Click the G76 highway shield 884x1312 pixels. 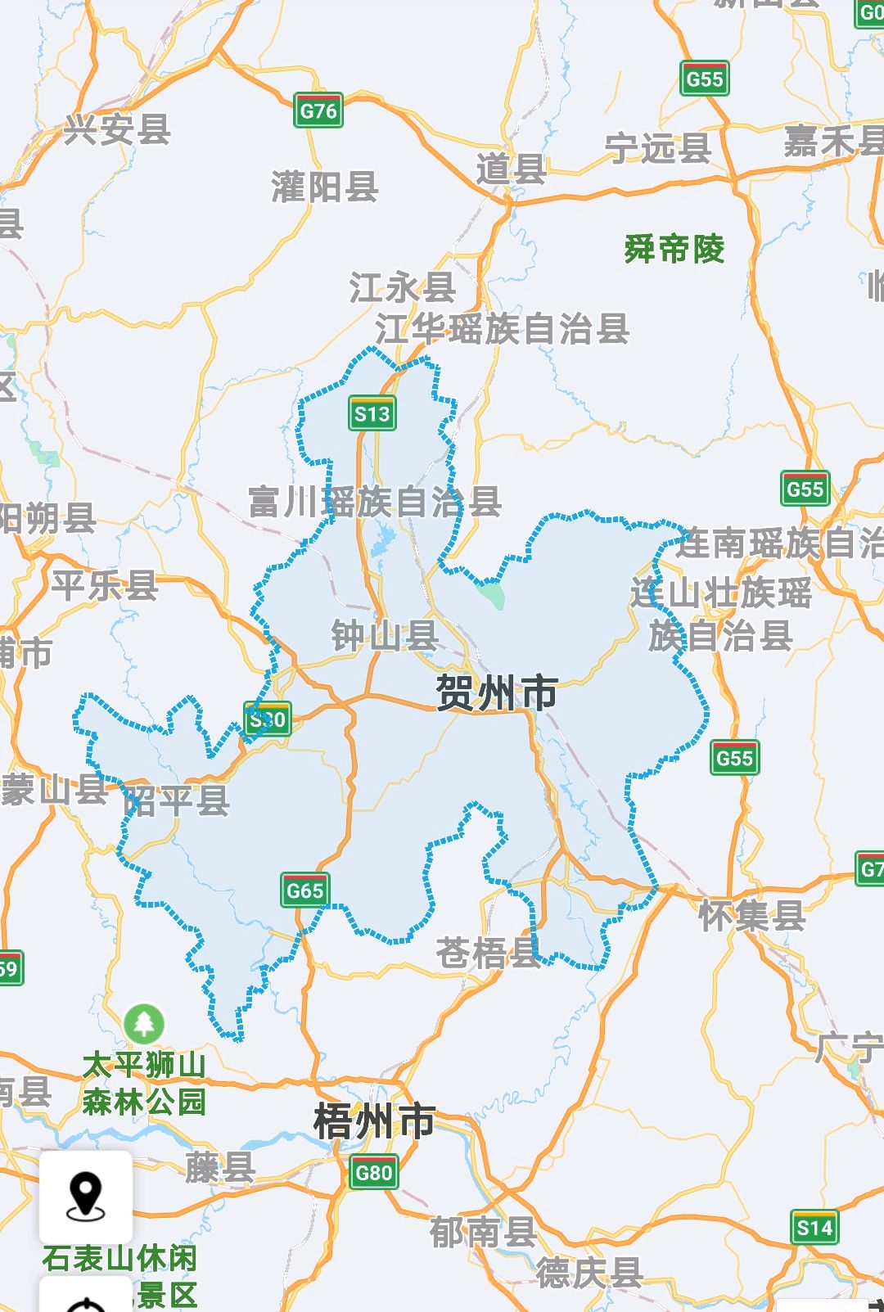tap(318, 110)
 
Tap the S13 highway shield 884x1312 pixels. tap(372, 414)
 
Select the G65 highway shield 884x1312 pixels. tap(305, 890)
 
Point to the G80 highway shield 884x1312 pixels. tap(374, 1173)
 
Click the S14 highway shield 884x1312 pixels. tap(814, 1228)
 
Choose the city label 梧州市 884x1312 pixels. tap(375, 1121)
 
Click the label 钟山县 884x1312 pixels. tap(385, 636)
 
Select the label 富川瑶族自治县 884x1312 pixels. tap(375, 502)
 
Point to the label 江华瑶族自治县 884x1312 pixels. tap(502, 329)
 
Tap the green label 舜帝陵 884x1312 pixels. tap(674, 249)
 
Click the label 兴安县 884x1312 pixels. tap(118, 129)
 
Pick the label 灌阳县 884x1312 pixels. tap(325, 187)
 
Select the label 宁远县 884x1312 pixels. tap(658, 148)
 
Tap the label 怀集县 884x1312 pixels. tap(751, 915)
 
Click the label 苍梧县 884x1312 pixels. tap(488, 953)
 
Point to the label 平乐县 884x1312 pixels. tap(105, 585)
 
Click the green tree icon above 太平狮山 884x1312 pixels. tap(144, 1023)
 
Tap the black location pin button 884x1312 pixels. tap(86, 1197)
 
